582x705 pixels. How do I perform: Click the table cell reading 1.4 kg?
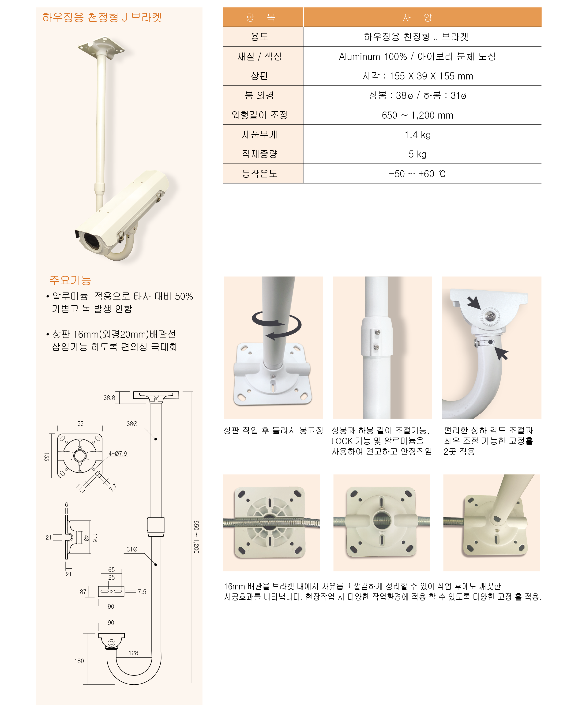pyautogui.click(x=417, y=135)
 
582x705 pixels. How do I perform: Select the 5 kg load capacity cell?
pyautogui.click(x=417, y=154)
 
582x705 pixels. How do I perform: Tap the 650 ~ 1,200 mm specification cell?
pyautogui.click(x=417, y=115)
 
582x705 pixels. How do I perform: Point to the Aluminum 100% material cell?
pyautogui.click(x=417, y=56)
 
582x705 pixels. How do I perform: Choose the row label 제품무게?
pyautogui.click(x=259, y=135)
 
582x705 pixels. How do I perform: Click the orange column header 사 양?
pyautogui.click(x=417, y=17)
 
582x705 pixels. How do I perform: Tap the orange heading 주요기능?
pyautogui.click(x=70, y=280)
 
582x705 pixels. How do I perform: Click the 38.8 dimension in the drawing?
pyautogui.click(x=109, y=397)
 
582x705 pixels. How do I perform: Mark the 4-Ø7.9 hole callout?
pyautogui.click(x=118, y=454)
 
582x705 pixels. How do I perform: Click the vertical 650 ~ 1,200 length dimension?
pyautogui.click(x=196, y=537)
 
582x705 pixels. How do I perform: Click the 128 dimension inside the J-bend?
pyautogui.click(x=133, y=653)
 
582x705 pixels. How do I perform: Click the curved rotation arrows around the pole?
pyautogui.click(x=277, y=325)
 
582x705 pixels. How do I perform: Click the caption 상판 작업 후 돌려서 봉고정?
pyautogui.click(x=273, y=431)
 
